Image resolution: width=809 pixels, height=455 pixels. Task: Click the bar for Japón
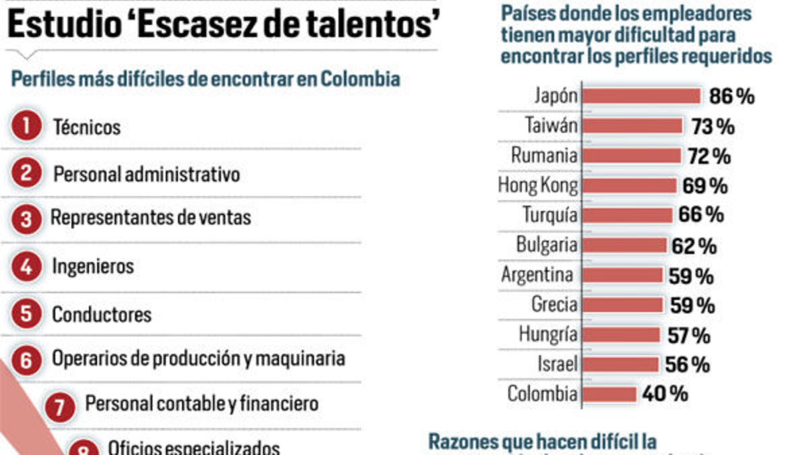pos(640,96)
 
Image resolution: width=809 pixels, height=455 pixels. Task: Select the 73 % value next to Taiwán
pos(713,126)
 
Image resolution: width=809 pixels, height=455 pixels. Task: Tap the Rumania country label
pos(544,156)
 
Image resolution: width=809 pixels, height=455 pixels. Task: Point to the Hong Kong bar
pos(628,185)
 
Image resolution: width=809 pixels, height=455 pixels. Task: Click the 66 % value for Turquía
pos(701,215)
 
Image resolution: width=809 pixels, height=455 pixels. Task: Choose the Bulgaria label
pos(547,245)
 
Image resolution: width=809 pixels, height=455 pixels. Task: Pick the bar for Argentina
pos(622,275)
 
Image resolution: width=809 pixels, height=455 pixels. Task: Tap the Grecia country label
pos(554,305)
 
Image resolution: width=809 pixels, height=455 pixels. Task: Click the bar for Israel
pos(620,365)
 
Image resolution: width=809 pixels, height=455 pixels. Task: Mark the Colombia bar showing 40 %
pos(609,394)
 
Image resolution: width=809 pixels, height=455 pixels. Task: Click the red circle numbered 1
pos(26,127)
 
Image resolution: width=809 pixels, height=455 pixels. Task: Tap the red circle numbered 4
pos(26,267)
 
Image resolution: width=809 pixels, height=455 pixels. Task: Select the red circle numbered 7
pos(59,406)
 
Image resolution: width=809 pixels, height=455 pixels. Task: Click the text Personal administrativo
pos(146,175)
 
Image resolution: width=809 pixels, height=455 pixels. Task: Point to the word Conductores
pos(102,315)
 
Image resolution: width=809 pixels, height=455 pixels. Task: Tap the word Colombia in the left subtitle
pos(361,79)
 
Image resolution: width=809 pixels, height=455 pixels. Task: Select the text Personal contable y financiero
pos(202,404)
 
